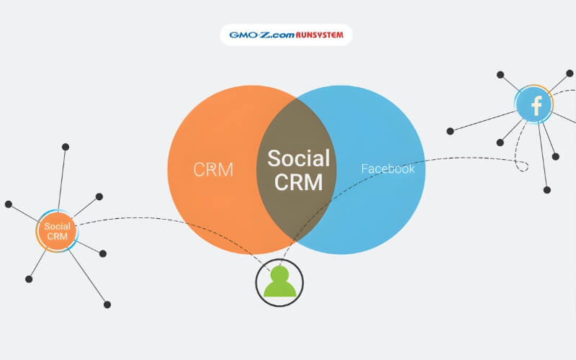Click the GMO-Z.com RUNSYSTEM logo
click(x=287, y=34)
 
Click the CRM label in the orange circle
click(x=213, y=170)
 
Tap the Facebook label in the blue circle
click(x=387, y=169)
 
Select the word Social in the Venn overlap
click(x=299, y=158)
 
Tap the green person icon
click(x=279, y=282)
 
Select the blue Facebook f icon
click(x=535, y=106)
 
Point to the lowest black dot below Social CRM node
click(x=107, y=305)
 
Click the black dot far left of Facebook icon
click(x=450, y=131)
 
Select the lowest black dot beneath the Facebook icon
click(x=546, y=190)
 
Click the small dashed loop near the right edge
click(x=521, y=165)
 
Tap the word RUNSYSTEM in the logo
click(x=320, y=34)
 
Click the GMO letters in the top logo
click(x=240, y=34)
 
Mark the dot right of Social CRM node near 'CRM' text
click(x=103, y=253)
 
